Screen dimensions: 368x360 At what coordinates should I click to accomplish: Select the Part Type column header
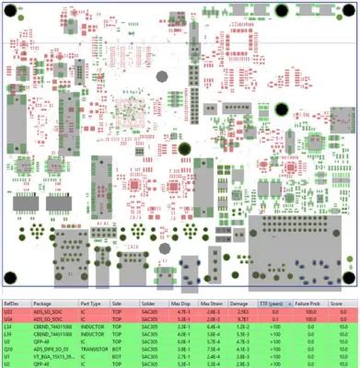click(90, 302)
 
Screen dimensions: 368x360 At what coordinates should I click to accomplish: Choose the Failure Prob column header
click(306, 302)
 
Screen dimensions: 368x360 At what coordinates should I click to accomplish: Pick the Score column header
click(337, 302)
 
